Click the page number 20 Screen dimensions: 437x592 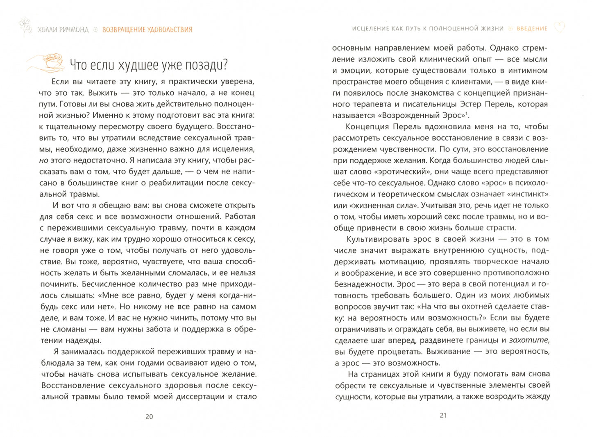(149, 416)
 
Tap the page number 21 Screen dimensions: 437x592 (443, 415)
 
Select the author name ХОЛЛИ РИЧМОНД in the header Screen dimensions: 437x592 (63, 30)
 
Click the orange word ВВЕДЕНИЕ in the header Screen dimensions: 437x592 (532, 29)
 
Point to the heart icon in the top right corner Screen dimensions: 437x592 (559, 27)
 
